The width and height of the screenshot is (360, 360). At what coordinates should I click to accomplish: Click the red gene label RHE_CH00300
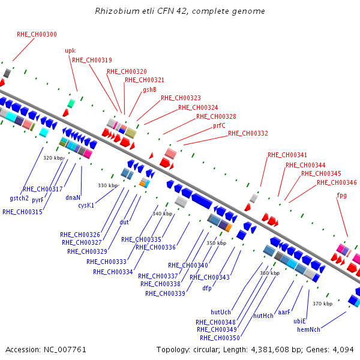click(37, 34)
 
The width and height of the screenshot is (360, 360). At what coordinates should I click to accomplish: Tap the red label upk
click(70, 51)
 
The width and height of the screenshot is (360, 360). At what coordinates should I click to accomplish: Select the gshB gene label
click(149, 89)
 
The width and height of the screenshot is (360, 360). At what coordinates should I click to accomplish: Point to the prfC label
click(219, 125)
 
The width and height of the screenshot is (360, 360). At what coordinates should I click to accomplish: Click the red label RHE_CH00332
click(248, 133)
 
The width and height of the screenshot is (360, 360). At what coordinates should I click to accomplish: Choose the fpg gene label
click(341, 196)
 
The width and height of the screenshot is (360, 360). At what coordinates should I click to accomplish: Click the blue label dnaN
click(73, 197)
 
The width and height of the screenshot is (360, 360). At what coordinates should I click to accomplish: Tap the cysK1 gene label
click(86, 205)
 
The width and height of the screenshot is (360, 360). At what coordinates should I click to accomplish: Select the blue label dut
click(124, 222)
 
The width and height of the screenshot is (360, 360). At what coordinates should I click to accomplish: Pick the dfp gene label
click(207, 288)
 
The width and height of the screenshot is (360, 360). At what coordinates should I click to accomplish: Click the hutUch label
click(221, 312)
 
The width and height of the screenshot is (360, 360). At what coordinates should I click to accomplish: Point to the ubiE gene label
click(299, 321)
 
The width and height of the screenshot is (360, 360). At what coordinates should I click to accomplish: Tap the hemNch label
click(308, 329)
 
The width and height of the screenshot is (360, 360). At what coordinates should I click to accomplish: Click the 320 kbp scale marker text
click(53, 158)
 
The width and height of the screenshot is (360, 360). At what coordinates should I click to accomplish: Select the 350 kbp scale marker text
click(216, 243)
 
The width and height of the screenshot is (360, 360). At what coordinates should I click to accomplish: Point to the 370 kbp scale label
click(323, 304)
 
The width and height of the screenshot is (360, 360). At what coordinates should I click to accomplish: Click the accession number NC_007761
click(65, 350)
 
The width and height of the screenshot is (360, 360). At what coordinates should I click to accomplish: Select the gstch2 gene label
click(19, 199)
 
